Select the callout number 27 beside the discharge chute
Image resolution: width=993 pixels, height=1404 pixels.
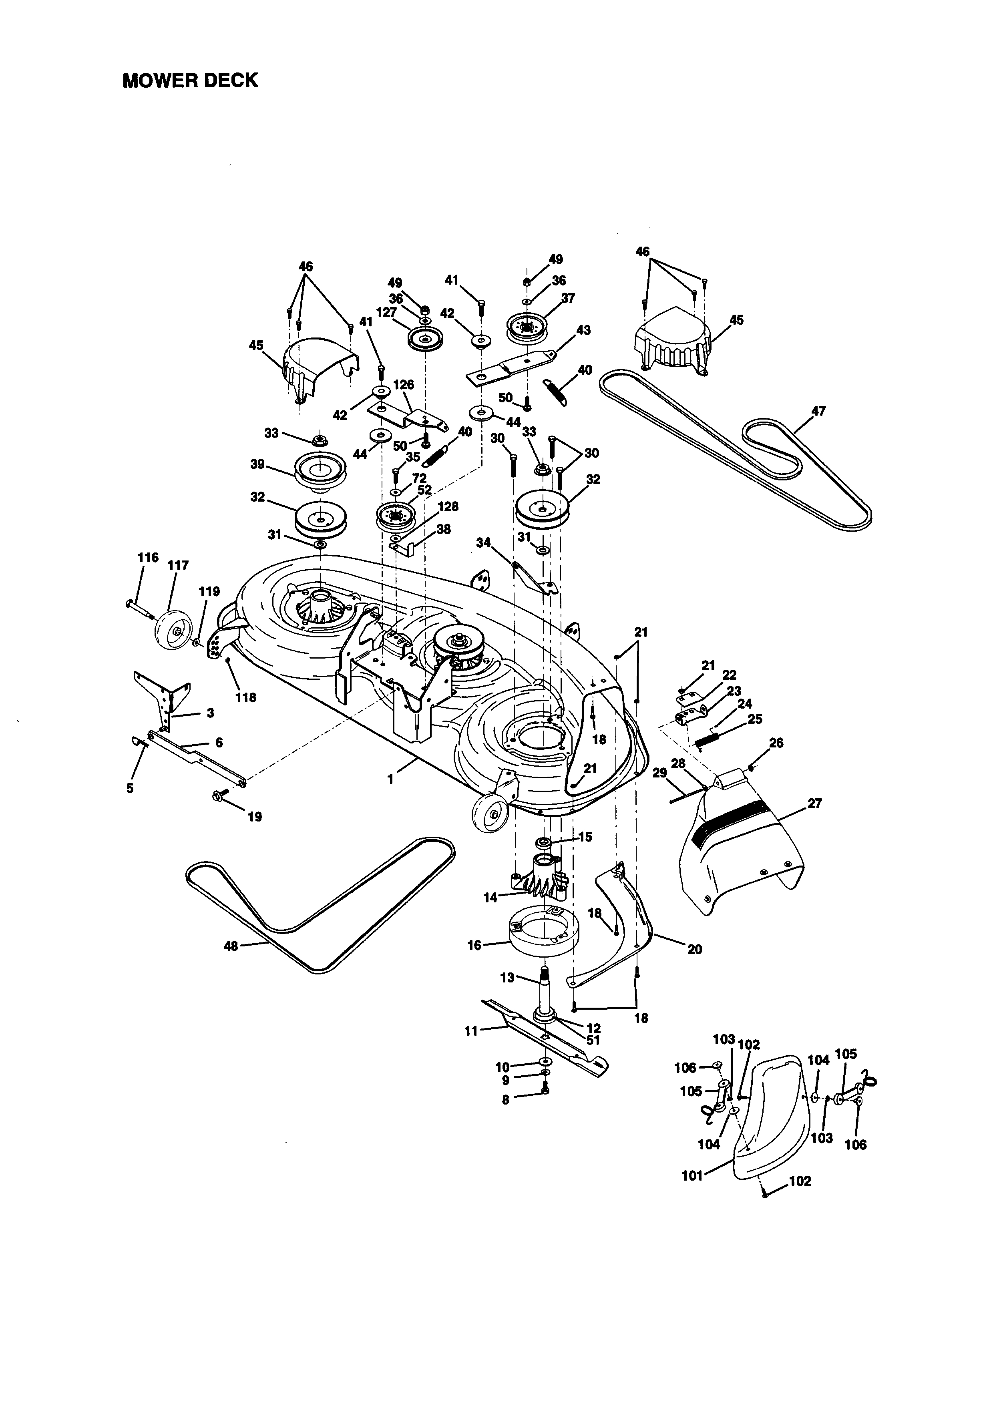(x=814, y=803)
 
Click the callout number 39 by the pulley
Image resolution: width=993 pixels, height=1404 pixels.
(x=257, y=464)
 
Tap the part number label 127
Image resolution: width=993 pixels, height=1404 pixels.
(x=386, y=312)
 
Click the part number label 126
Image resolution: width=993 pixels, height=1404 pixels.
(x=404, y=385)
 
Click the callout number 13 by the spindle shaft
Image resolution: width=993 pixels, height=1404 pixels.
(x=507, y=978)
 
